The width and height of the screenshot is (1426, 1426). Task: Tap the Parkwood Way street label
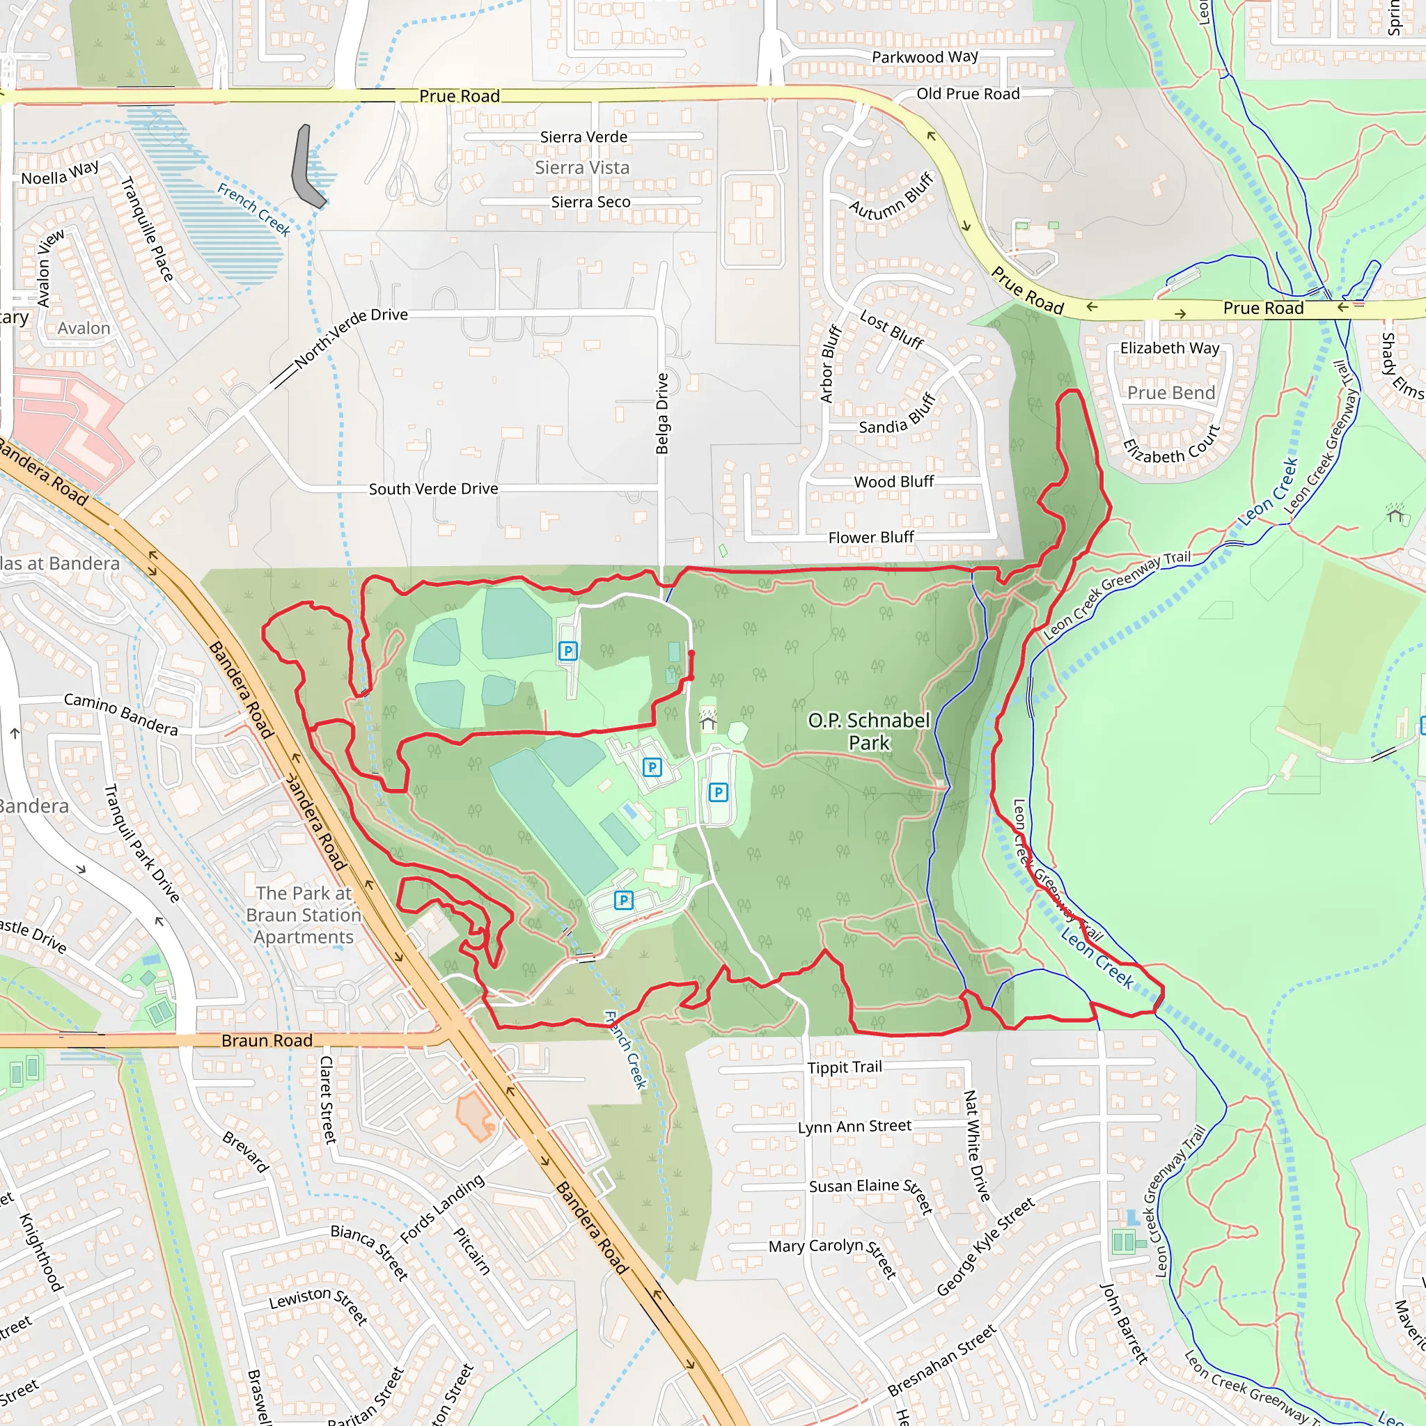(924, 57)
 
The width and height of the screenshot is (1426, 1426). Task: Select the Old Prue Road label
(968, 94)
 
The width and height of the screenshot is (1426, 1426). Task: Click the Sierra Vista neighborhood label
(582, 168)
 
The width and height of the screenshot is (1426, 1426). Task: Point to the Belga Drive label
(662, 414)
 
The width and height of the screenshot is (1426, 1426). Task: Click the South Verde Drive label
(433, 489)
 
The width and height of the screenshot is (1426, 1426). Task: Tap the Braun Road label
(267, 1041)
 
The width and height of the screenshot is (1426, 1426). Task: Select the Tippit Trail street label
(845, 1067)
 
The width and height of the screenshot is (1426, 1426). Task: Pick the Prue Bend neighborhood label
(1170, 393)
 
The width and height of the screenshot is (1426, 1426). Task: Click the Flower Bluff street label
(871, 538)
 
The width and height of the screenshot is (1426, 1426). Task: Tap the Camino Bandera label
(121, 714)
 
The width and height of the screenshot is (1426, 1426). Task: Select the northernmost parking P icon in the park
(567, 650)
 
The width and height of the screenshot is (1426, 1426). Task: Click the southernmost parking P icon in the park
(624, 900)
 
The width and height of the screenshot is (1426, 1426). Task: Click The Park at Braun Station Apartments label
(304, 914)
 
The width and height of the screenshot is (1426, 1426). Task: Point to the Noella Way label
(60, 174)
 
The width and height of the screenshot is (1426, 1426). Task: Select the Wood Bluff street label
(893, 482)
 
